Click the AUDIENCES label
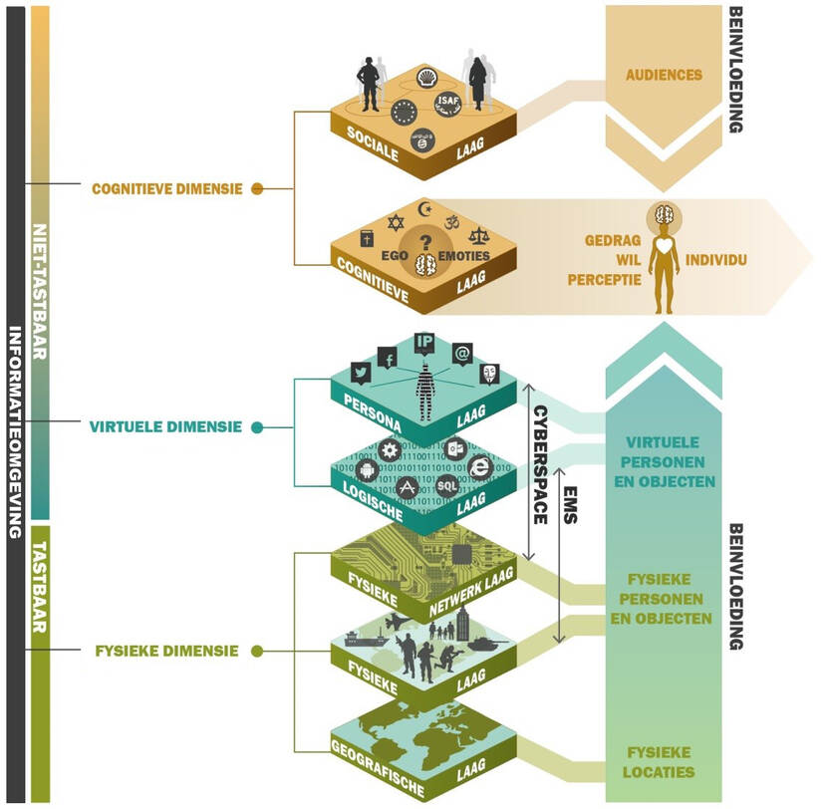[664, 75]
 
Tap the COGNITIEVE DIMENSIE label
[166, 186]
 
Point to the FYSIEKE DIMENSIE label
[166, 652]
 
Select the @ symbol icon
[461, 352]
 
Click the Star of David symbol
[396, 217]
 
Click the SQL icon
[447, 485]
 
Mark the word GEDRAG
[607, 241]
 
